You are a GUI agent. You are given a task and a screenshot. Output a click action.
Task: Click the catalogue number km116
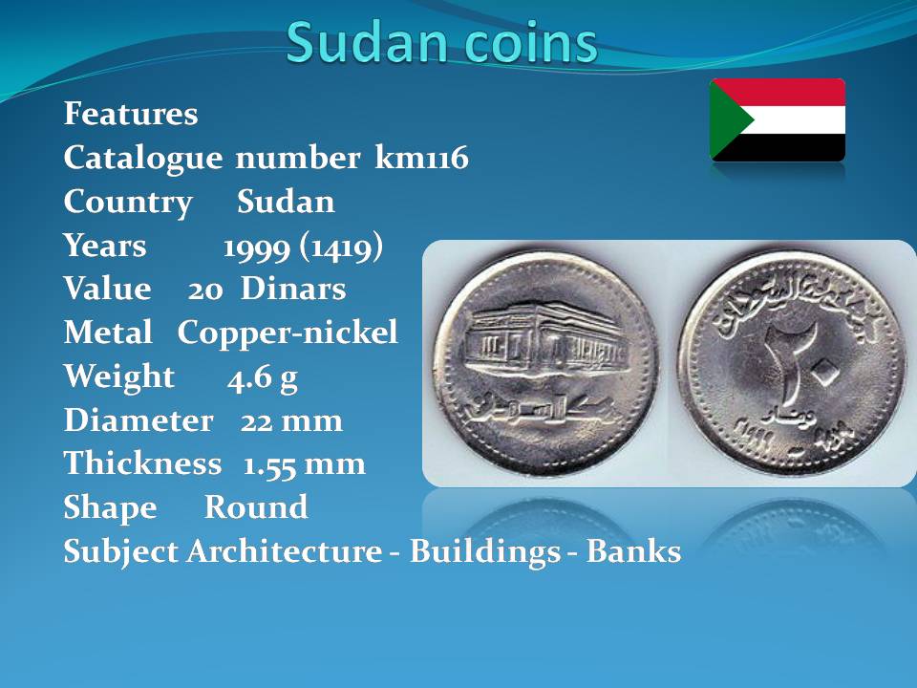click(x=421, y=158)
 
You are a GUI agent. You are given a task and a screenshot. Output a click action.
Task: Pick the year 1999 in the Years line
click(x=257, y=247)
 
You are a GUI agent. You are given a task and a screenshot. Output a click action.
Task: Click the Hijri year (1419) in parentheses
click(x=341, y=247)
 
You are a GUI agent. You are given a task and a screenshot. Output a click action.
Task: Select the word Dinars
click(x=293, y=289)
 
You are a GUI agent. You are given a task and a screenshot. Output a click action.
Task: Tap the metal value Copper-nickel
click(x=288, y=333)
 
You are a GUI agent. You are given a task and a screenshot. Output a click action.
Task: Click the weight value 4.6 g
click(x=263, y=378)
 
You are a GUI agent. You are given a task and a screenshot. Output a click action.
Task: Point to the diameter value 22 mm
click(x=291, y=420)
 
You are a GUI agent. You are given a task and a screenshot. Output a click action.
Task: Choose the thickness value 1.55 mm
click(x=304, y=464)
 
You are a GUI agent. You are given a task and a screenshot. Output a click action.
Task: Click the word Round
click(x=256, y=506)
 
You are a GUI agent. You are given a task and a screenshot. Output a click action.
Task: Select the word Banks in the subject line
click(x=633, y=551)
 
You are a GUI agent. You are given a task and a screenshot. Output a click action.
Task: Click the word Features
click(x=131, y=113)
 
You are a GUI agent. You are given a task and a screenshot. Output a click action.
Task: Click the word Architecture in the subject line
click(x=285, y=551)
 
